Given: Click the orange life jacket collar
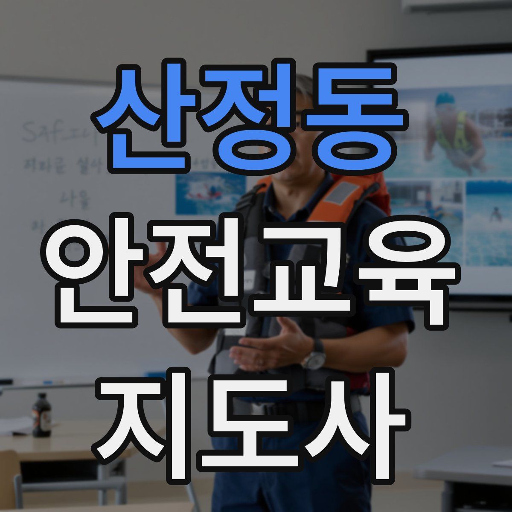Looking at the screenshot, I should (x=341, y=192).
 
